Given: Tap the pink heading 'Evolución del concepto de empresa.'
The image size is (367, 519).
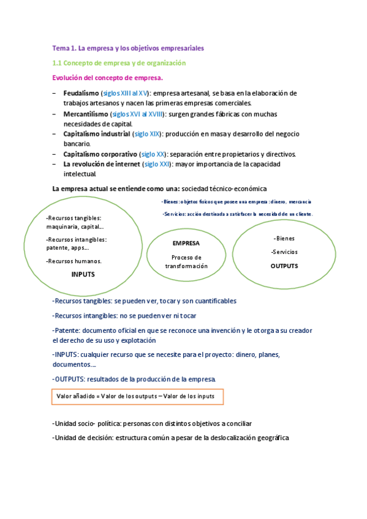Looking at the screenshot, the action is [x=108, y=78].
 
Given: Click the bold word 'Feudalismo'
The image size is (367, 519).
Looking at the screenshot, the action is [x=81, y=93].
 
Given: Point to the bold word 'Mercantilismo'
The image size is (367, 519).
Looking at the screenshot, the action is [x=86, y=114].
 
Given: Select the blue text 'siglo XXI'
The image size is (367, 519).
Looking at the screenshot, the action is [x=157, y=165].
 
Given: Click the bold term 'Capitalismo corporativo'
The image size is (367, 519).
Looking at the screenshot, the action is [x=100, y=154].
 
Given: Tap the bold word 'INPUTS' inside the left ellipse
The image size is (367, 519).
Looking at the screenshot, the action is [x=83, y=274].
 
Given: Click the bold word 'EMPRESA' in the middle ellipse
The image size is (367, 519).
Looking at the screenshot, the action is [x=186, y=243].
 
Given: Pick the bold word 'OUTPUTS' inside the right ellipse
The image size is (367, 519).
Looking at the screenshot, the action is [x=284, y=266].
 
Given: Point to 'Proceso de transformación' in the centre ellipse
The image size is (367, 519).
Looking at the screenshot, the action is [x=186, y=262].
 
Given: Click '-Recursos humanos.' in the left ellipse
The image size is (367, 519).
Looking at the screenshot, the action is [x=74, y=261].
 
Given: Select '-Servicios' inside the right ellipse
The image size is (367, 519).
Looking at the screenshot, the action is [x=284, y=252].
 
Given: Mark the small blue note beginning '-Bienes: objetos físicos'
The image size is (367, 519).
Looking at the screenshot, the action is [x=236, y=201].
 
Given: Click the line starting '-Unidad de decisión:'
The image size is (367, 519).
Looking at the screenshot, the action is [x=170, y=438].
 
